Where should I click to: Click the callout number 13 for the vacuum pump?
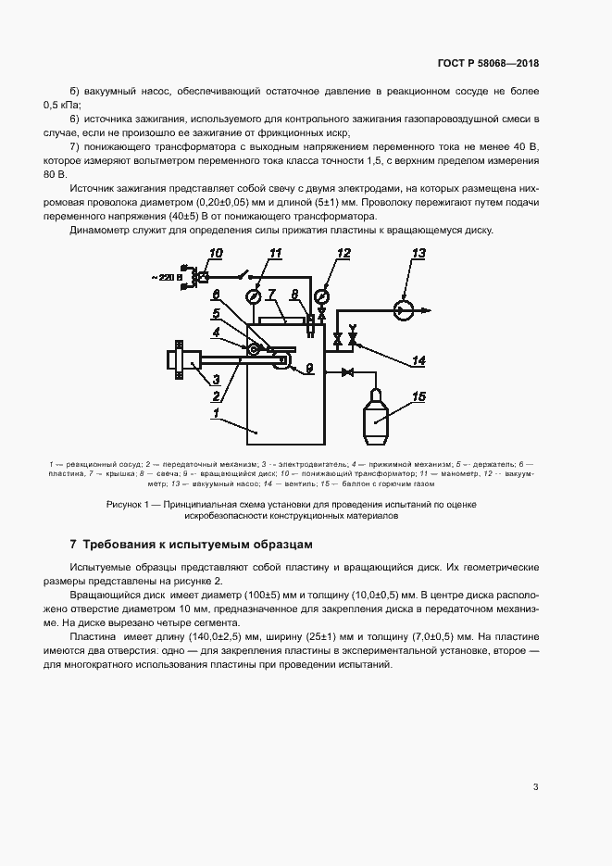pyautogui.click(x=418, y=253)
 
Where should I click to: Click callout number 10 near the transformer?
pyautogui.click(x=216, y=253)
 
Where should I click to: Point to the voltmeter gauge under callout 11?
pyautogui.click(x=251, y=296)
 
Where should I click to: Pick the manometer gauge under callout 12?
pyautogui.click(x=321, y=296)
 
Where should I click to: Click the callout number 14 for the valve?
pyautogui.click(x=418, y=360)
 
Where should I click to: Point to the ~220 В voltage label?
pyautogui.click(x=170, y=277)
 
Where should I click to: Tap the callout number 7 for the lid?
pyautogui.click(x=271, y=294)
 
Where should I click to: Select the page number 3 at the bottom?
pyautogui.click(x=535, y=787)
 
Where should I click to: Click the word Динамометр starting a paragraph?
pyautogui.click(x=100, y=230)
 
